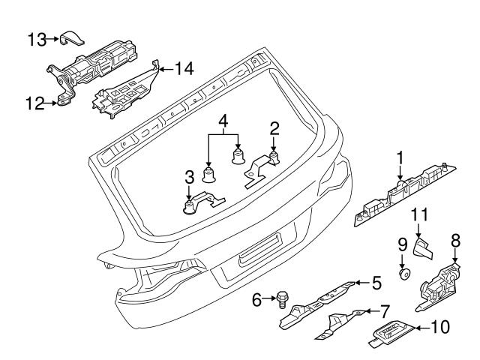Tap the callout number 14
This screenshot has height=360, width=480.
coord(184,69)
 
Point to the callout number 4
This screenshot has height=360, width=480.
coord(223,120)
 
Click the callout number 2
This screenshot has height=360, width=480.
coord(274,127)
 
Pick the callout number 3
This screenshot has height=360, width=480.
coord(189,177)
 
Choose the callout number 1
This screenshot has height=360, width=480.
coord(400,157)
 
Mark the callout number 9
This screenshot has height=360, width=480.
coord(402,244)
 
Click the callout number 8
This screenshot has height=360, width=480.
coord(454,241)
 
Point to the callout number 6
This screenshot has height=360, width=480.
coord(256,300)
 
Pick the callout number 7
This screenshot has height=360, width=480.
coord(385,309)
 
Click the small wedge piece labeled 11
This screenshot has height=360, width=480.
coord(424,248)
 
